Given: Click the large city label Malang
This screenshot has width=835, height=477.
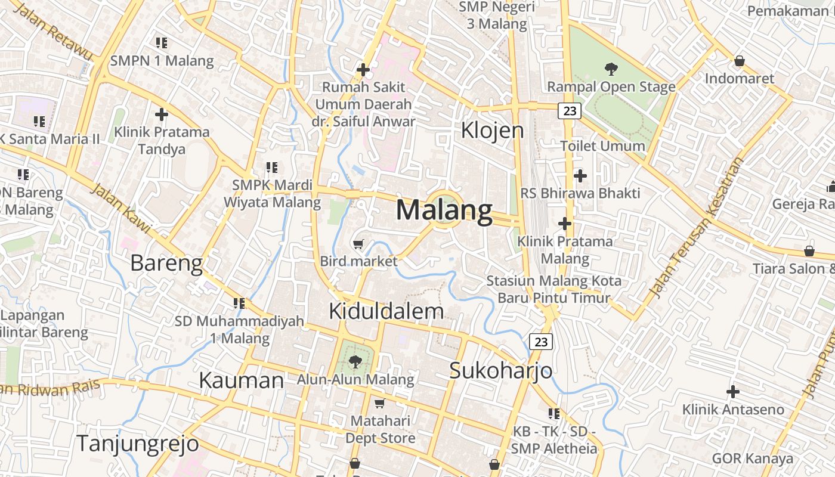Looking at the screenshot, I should [444, 210].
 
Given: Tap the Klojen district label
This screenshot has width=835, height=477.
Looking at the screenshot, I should [492, 130].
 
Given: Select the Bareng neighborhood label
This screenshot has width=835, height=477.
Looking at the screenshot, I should [166, 263].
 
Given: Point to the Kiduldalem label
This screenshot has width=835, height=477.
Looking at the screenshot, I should [386, 311].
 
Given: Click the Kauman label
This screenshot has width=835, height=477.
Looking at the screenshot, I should [241, 380].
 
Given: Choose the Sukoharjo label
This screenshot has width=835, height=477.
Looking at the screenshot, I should [500, 370].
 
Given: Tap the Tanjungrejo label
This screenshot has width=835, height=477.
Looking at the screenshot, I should [137, 444].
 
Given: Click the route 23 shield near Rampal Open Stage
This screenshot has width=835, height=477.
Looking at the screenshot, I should [570, 110].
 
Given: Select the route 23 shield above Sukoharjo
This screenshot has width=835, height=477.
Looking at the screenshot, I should [541, 342].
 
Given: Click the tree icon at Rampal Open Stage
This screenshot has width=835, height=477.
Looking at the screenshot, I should [611, 69].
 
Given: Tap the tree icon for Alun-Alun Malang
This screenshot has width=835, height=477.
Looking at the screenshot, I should [355, 361].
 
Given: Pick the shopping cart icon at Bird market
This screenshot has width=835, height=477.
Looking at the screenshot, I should [358, 244].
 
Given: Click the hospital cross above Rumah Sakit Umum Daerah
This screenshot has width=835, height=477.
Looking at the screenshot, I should [363, 70].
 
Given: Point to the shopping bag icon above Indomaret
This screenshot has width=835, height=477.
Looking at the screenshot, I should [740, 61].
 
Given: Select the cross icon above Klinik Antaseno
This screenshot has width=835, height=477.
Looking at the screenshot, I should [733, 392].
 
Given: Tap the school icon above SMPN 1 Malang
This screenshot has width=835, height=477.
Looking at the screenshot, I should [162, 43].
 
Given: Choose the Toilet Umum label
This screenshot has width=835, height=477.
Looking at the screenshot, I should [602, 145].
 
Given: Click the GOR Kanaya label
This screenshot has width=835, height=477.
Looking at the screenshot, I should [753, 458].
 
